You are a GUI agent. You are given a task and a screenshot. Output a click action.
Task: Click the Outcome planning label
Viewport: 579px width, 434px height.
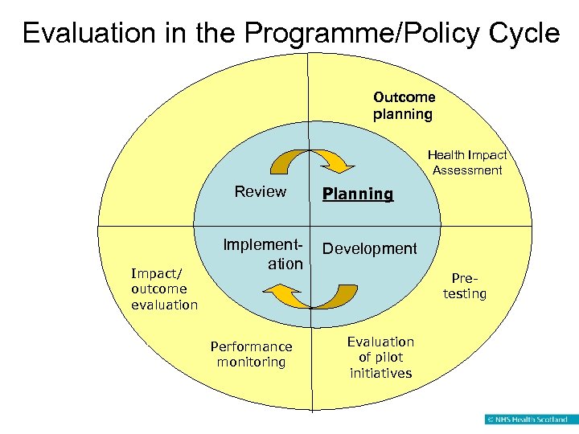[x=404, y=105]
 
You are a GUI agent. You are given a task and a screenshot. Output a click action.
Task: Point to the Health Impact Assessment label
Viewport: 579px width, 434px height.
[x=467, y=162]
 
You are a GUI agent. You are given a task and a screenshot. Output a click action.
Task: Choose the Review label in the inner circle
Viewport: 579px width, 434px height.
[x=260, y=191]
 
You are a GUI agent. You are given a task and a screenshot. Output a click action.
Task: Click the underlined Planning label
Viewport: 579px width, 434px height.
[x=358, y=194]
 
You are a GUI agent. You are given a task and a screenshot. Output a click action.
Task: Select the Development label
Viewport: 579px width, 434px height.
[x=370, y=248]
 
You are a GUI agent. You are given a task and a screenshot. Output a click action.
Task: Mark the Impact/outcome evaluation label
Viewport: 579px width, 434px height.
[x=164, y=289]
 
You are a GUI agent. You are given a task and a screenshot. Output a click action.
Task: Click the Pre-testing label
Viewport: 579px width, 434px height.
[x=465, y=285]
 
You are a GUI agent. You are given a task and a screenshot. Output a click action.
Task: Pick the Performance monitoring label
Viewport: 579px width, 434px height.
[x=251, y=354]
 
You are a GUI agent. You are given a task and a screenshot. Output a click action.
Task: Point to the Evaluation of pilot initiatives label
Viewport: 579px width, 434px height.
[x=380, y=358]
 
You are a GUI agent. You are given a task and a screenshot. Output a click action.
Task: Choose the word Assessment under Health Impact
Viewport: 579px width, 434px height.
[x=467, y=170]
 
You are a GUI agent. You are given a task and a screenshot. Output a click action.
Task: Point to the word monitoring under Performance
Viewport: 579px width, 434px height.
[x=251, y=362]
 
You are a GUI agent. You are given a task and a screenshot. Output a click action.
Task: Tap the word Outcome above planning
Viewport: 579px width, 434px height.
[x=404, y=97]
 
